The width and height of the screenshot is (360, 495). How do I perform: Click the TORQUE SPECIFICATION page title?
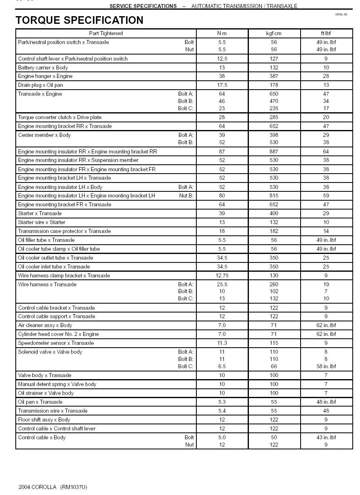(x=79, y=20)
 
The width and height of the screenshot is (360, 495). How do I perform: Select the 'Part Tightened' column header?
(x=106, y=34)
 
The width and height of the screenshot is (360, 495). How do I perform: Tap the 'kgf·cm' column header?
(x=274, y=34)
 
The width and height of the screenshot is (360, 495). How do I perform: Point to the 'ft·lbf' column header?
(x=326, y=34)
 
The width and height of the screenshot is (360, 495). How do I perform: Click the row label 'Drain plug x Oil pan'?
(x=40, y=85)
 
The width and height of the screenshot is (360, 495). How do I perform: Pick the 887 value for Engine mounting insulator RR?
(x=274, y=152)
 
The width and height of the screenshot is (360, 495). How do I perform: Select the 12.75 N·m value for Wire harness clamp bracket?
(x=222, y=276)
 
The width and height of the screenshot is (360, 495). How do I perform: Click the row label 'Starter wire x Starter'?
(x=42, y=222)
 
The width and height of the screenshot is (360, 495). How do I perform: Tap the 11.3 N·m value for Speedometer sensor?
(x=222, y=343)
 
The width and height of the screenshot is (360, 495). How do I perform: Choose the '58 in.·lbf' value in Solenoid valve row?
(x=326, y=367)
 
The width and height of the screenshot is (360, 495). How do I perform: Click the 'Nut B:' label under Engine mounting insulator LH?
(x=186, y=196)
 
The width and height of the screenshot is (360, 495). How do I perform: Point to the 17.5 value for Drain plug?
(x=222, y=85)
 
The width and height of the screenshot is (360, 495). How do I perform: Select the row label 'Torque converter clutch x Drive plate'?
(x=60, y=117)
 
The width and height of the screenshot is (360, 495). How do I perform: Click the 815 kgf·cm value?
(x=274, y=196)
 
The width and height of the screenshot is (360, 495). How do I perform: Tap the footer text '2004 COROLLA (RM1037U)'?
(x=53, y=487)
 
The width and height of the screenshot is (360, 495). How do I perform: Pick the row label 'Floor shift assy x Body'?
(x=44, y=420)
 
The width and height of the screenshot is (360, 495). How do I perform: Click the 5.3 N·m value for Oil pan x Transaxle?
(x=222, y=402)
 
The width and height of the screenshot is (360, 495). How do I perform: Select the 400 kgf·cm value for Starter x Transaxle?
(x=274, y=214)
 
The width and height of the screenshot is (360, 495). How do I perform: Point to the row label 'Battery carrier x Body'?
(x=43, y=68)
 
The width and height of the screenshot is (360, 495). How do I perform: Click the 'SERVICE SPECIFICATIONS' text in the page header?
(x=143, y=6)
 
